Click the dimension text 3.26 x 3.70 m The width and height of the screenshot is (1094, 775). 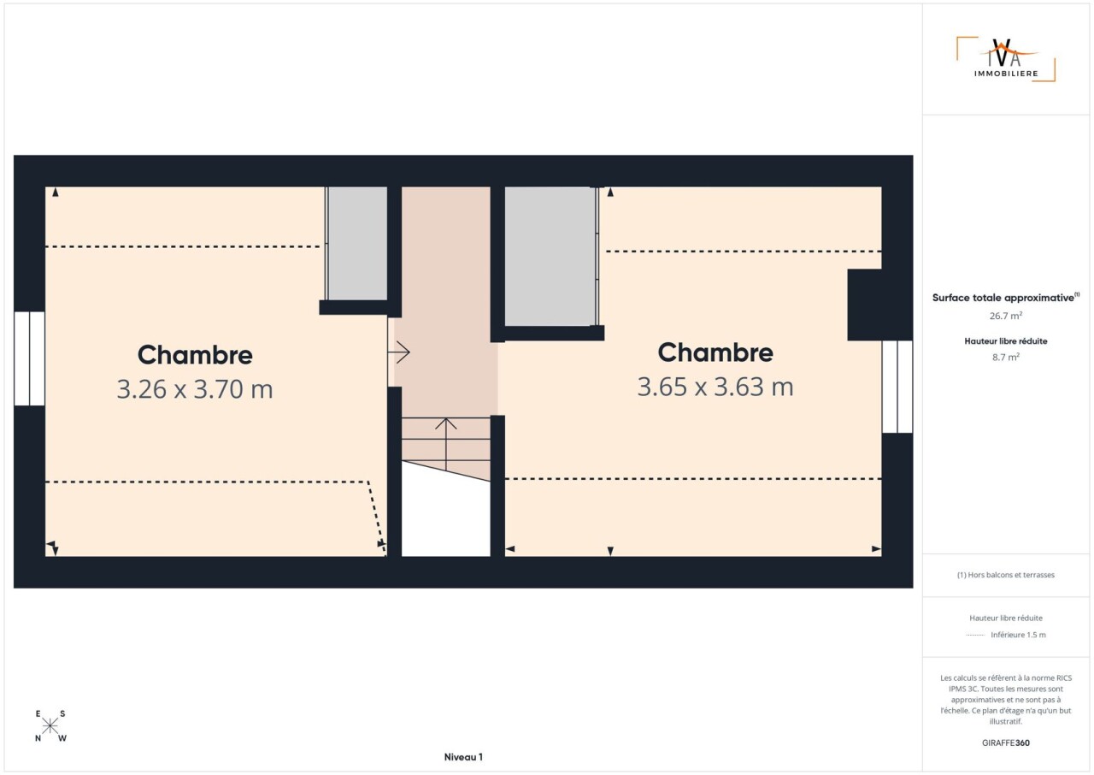pos(194,389)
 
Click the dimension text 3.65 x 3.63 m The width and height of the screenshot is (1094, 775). pos(715,387)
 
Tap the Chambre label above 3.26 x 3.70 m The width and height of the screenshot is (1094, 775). pos(195,355)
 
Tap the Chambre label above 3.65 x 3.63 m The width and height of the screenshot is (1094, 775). pos(715,352)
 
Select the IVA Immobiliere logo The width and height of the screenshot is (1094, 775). pos(1006,59)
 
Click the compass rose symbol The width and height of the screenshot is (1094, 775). pos(50,725)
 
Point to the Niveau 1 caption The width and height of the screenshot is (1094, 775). pos(463,757)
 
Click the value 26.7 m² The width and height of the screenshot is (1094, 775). pos(1006,316)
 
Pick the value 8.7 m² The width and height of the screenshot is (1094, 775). pos(1006,358)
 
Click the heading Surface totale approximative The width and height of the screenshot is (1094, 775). pos(1006,298)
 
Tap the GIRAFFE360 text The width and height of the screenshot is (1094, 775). pos(1006,742)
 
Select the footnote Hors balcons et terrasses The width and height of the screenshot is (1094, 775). pos(1006,575)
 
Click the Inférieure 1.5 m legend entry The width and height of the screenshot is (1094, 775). pos(1018,635)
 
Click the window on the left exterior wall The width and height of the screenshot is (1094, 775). pos(29,358)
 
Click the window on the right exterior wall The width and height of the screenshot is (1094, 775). pos(897,387)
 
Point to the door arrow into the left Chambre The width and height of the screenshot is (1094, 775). pos(398,352)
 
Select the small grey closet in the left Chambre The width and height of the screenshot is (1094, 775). pos(357,243)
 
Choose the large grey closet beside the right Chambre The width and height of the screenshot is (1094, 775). pos(550,257)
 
